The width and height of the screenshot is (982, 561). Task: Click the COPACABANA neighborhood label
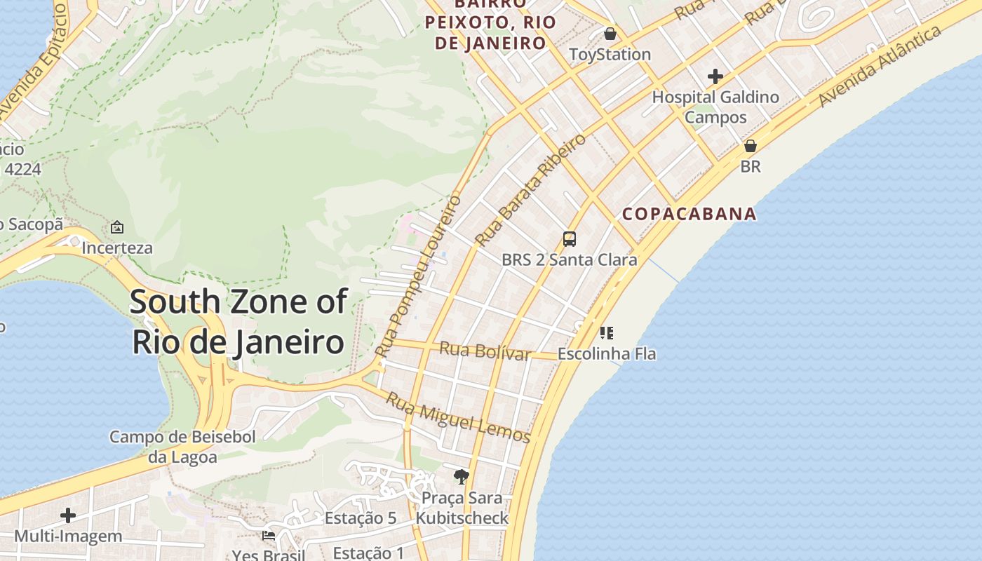point(690,214)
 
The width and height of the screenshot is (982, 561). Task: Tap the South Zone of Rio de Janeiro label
point(238,322)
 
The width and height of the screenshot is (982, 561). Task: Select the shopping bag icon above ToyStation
point(610,34)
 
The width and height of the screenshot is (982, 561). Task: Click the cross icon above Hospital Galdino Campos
point(715,76)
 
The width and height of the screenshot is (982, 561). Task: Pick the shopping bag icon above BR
point(751,146)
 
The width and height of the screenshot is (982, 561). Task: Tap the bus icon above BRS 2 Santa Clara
point(570,239)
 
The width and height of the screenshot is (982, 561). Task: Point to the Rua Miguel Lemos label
point(459,418)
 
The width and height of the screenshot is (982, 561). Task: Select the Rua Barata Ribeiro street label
point(530,190)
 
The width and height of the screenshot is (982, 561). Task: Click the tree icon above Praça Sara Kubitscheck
point(461,477)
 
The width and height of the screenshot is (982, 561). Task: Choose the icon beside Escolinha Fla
point(607,332)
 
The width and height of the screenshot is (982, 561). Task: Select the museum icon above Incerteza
point(117,227)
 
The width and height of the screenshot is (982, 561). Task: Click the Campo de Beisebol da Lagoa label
point(182,447)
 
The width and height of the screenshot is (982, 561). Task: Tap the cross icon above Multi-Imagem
point(68,515)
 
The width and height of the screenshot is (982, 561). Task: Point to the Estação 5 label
point(361,518)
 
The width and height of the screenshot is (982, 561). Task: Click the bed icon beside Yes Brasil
point(268,536)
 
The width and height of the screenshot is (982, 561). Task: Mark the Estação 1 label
point(369,553)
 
